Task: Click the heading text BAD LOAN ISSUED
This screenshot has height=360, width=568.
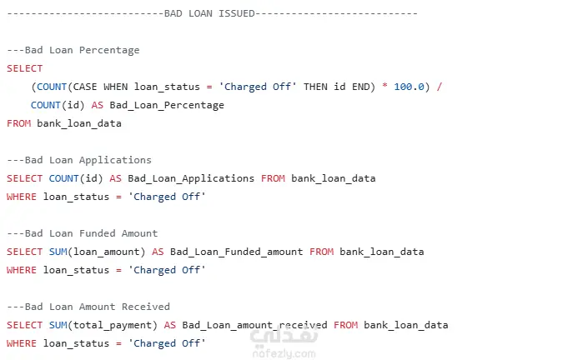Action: pyautogui.click(x=209, y=13)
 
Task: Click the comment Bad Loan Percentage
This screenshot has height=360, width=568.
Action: pyautogui.click(x=82, y=50)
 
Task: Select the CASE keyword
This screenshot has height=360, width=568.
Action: pyautogui.click(x=85, y=87)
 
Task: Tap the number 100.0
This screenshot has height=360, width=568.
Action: pyautogui.click(x=409, y=87)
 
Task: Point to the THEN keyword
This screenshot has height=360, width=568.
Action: pyautogui.click(x=315, y=87)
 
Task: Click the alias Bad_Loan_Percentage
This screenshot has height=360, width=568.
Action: pyautogui.click(x=167, y=105)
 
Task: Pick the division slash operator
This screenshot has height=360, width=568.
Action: pyautogui.click(x=440, y=87)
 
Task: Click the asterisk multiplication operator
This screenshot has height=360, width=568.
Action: pyautogui.click(x=385, y=86)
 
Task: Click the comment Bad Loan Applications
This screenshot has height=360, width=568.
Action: pyautogui.click(x=88, y=160)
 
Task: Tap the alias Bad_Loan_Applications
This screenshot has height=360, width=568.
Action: pyautogui.click(x=191, y=178)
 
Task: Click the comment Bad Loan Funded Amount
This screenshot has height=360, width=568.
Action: pyautogui.click(x=91, y=233)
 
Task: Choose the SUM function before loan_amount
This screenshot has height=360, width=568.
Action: pyautogui.click(x=58, y=252)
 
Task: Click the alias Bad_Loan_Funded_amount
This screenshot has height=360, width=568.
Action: pyautogui.click(x=237, y=252)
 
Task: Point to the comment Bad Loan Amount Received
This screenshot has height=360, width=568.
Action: pyautogui.click(x=97, y=307)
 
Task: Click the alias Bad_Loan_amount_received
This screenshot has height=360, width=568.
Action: pyautogui.click(x=254, y=325)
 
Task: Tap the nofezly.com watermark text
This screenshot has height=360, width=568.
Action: pyautogui.click(x=284, y=353)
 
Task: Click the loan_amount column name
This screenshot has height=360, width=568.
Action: pyautogui.click(x=106, y=252)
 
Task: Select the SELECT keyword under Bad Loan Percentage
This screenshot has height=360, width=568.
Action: pyautogui.click(x=25, y=68)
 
